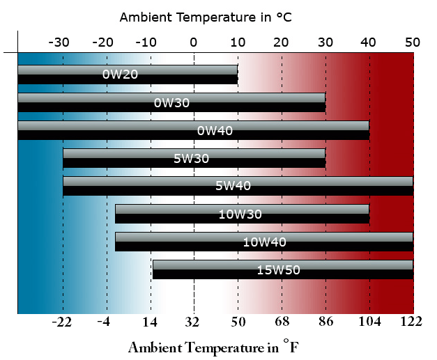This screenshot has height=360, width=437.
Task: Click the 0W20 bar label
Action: click(x=120, y=74)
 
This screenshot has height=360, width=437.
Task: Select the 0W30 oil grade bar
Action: click(x=171, y=103)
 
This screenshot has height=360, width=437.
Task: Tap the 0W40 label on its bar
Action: click(x=215, y=130)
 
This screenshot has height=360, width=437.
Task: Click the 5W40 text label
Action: click(x=233, y=186)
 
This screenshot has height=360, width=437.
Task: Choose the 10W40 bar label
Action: click(x=264, y=242)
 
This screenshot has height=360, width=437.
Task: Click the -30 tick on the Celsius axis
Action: click(x=59, y=42)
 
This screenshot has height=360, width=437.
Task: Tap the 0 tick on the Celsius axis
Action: click(x=194, y=42)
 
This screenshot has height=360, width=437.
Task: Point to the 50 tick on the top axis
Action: click(x=413, y=42)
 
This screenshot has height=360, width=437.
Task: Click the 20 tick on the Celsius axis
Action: click(x=282, y=42)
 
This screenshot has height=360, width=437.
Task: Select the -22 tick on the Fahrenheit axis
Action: click(x=62, y=321)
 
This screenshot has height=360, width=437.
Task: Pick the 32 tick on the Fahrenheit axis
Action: click(x=193, y=321)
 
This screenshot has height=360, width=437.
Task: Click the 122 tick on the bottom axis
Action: click(x=412, y=321)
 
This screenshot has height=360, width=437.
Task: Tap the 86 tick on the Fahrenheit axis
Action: click(x=325, y=321)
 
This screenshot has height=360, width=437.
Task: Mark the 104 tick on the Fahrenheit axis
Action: click(x=369, y=321)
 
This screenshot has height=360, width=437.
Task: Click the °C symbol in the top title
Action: click(x=282, y=17)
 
